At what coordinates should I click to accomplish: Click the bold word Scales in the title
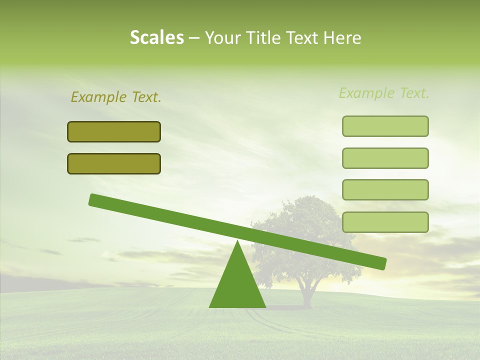[x=156, y=38]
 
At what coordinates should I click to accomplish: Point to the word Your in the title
[x=223, y=38]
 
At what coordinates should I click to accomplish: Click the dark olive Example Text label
[x=116, y=97]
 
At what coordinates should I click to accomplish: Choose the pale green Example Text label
[x=384, y=93]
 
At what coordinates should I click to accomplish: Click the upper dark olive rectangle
[x=114, y=131]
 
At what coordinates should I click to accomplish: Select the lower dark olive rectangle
[x=114, y=163]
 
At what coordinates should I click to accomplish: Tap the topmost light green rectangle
[x=385, y=126]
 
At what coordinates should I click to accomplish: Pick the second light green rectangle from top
[x=385, y=158]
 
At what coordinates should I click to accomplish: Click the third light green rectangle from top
[x=385, y=189]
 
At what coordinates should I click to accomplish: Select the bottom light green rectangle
[x=385, y=222]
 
